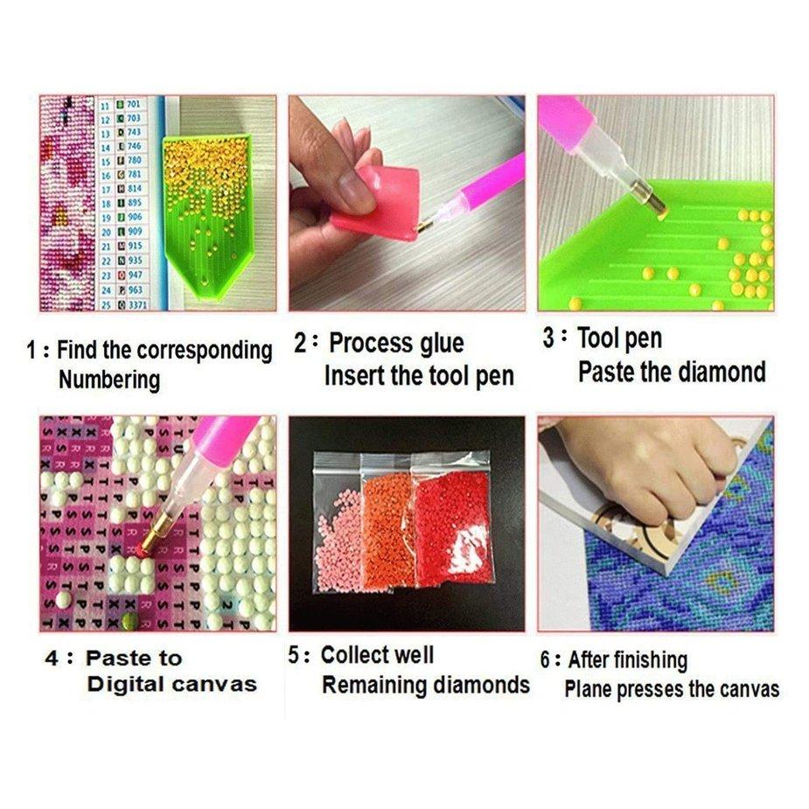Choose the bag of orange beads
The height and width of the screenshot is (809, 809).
387,529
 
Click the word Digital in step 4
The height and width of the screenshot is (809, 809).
128,685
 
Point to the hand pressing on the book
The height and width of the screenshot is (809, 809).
647,464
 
